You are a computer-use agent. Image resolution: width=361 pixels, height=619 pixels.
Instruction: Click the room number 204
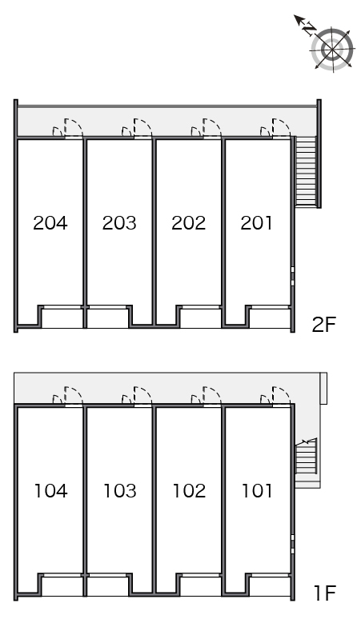(50, 222)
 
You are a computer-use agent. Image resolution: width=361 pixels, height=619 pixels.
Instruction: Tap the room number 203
(119, 222)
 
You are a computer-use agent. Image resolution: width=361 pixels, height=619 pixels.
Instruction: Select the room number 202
(188, 222)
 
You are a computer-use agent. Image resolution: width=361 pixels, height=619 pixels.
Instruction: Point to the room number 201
(256, 222)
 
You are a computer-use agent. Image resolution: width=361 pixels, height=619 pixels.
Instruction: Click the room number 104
(51, 491)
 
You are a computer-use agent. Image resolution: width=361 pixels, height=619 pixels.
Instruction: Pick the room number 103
(120, 491)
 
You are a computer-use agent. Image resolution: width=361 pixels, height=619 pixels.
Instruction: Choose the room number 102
(189, 491)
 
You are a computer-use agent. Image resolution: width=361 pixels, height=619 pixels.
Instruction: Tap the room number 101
(257, 491)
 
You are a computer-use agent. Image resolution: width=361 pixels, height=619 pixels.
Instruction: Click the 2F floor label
(324, 325)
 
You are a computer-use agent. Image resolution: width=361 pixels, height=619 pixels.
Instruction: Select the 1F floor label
(325, 593)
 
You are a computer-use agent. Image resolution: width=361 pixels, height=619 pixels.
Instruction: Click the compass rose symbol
(332, 49)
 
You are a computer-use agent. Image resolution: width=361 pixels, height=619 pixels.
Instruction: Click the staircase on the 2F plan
(307, 171)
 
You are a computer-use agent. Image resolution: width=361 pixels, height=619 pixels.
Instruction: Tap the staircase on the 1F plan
(306, 457)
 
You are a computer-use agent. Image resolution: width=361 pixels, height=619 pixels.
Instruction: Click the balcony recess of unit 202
(201, 317)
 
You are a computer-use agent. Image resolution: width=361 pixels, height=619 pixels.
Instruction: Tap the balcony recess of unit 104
(62, 586)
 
